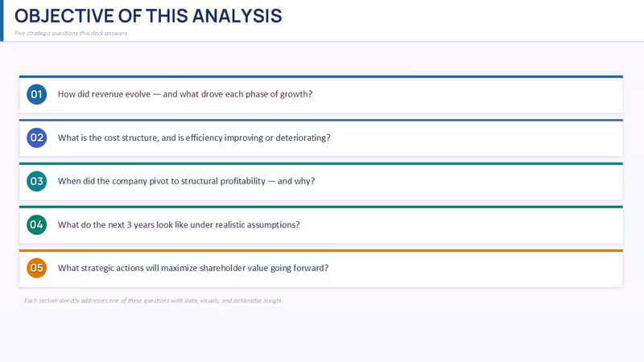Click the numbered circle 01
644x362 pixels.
(36, 94)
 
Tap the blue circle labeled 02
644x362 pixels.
(36, 138)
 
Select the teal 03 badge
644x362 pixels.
(36, 182)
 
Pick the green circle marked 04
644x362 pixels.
(36, 225)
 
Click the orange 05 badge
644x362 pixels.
(36, 268)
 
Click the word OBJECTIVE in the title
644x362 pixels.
(64, 16)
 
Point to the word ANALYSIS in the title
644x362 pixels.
(237, 16)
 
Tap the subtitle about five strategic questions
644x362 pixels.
(71, 33)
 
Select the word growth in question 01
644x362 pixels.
(296, 94)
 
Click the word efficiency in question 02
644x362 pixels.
(204, 138)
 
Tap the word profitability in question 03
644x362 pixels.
(243, 182)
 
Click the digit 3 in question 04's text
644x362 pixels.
(129, 225)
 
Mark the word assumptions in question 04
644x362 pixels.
(275, 225)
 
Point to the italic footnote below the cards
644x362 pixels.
(153, 300)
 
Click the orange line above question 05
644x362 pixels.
(321, 250)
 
